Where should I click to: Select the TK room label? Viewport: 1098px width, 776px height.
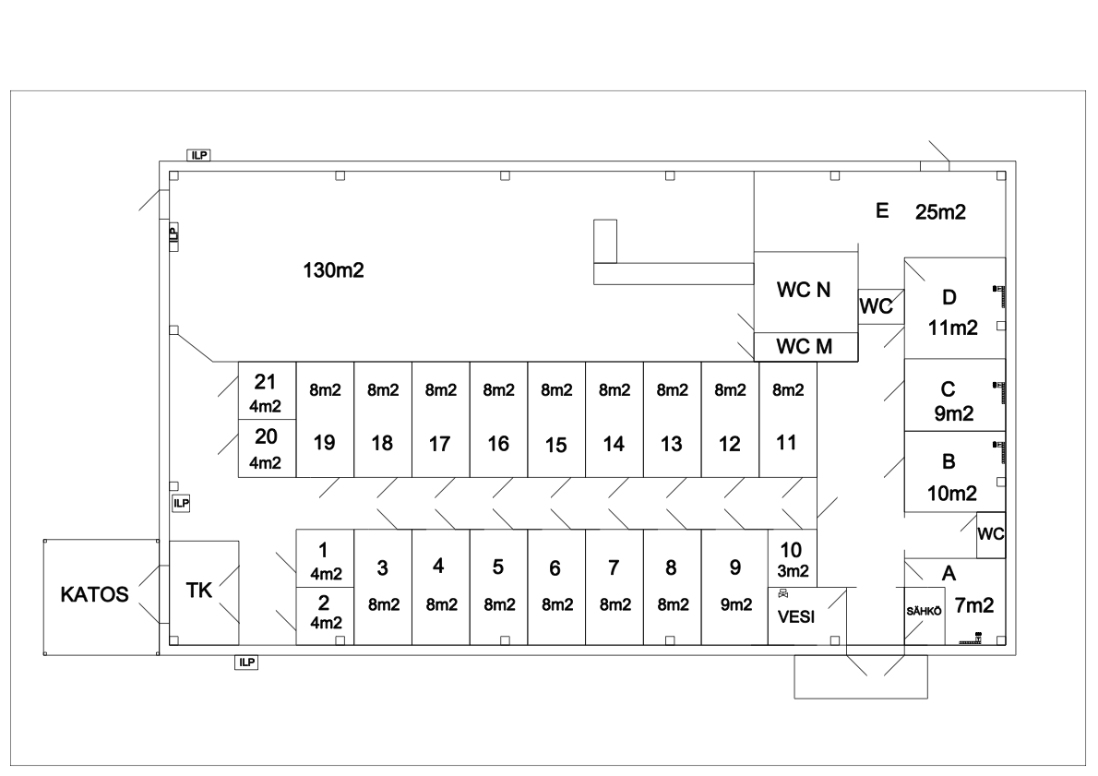(198, 591)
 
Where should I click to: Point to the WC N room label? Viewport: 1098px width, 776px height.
(805, 291)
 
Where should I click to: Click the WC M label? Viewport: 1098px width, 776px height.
(805, 347)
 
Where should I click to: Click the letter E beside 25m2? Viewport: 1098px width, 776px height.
(881, 211)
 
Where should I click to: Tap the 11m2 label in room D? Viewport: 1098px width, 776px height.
(952, 328)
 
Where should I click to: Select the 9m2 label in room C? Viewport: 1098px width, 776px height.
(952, 414)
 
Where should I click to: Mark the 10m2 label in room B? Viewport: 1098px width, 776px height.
(952, 494)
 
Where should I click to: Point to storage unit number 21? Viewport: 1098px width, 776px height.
(266, 383)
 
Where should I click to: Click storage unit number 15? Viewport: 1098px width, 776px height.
(555, 445)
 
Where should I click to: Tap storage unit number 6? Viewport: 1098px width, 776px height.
(555, 569)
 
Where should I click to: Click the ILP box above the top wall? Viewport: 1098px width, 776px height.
(198, 155)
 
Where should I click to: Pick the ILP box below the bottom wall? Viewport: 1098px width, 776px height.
(245, 662)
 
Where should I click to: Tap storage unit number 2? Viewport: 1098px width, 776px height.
(323, 603)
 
